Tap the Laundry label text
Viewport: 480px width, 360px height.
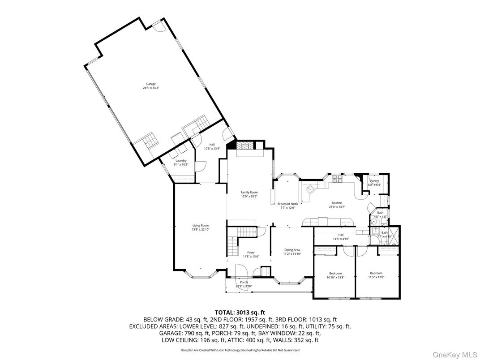(x=181, y=160)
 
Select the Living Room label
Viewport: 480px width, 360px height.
(x=201, y=226)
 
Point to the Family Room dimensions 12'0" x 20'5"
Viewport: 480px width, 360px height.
(x=249, y=196)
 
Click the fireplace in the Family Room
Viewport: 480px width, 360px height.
(x=245, y=146)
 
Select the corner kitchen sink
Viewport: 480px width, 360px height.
(x=309, y=190)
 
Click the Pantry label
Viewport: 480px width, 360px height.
(x=374, y=180)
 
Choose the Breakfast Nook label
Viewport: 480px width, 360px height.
(x=287, y=204)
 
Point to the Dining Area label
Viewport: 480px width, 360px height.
(x=291, y=250)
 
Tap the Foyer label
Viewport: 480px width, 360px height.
(x=251, y=253)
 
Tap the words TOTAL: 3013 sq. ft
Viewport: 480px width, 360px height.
(x=240, y=312)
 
